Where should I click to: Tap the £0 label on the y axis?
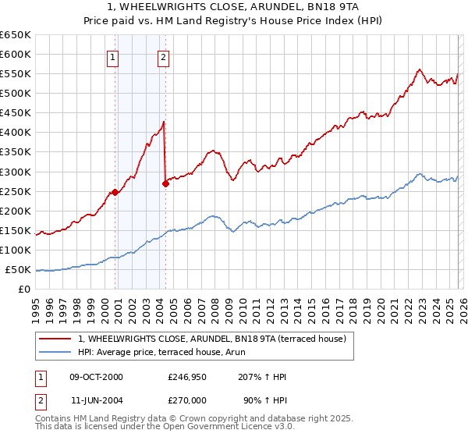click(x=24, y=290)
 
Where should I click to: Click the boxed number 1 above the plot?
click(x=113, y=56)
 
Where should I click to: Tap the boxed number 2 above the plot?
click(x=163, y=56)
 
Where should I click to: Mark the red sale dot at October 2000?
click(x=115, y=192)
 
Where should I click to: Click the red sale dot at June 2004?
click(x=165, y=183)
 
